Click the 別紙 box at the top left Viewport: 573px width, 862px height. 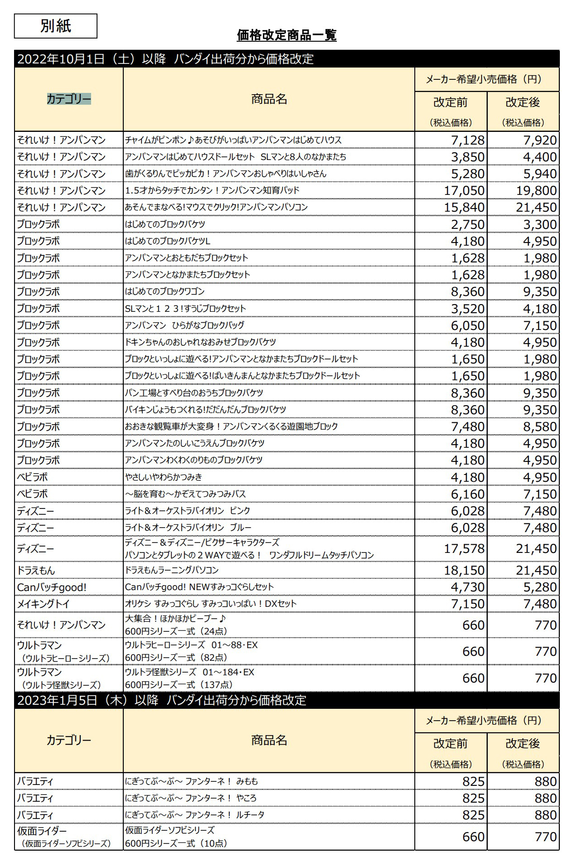55,26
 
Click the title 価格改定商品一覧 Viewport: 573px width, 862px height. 286,35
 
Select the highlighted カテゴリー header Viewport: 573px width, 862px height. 69,99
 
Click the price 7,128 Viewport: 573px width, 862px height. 467,140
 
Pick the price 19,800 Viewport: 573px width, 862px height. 536,190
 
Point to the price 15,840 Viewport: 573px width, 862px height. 464,207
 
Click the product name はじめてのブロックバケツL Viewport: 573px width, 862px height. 168,241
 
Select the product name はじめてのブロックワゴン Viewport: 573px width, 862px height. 165,291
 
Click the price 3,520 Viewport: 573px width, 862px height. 467,309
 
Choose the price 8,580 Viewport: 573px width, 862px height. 539,426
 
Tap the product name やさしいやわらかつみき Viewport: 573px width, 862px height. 164,477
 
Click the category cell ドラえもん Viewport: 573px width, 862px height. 36,571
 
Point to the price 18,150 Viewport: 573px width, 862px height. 464,570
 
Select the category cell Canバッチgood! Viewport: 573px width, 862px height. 52,587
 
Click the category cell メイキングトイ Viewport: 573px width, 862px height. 44,604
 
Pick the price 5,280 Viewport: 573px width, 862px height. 539,587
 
